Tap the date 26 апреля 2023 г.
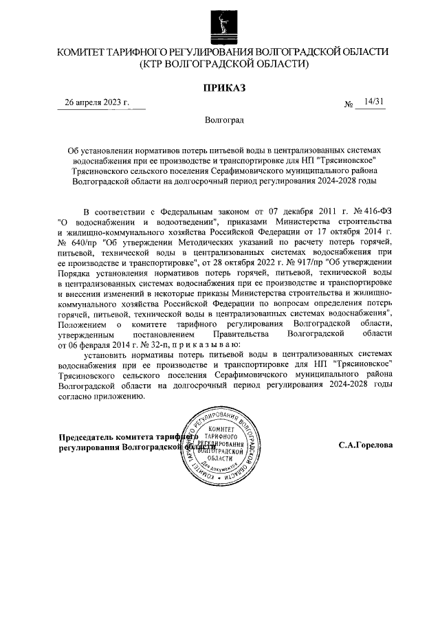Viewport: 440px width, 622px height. click(x=97, y=103)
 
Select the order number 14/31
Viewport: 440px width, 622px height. click(x=375, y=102)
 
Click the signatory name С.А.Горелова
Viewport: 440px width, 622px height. click(x=366, y=445)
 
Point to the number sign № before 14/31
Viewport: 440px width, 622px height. click(x=349, y=104)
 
